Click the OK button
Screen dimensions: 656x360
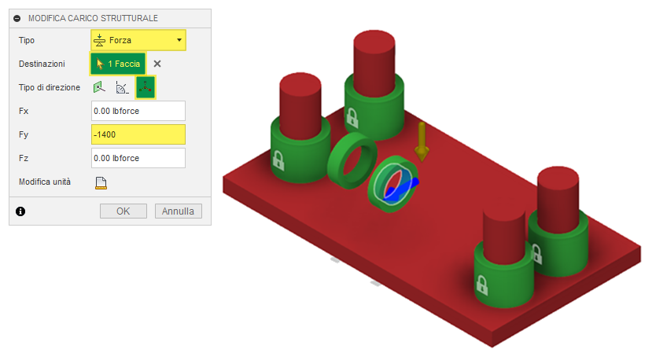[x=123, y=211]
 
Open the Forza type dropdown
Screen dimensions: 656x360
[x=138, y=40]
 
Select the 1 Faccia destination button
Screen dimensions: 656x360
[x=118, y=64]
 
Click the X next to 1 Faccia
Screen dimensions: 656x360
[x=157, y=64]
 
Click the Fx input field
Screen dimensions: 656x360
[x=138, y=111]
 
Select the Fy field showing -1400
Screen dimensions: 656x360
[x=138, y=134]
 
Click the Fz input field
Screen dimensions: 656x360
[x=138, y=158]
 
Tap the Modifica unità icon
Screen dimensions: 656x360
[x=101, y=182]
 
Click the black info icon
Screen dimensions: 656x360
[x=20, y=211]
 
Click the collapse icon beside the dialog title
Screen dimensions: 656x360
[x=17, y=18]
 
